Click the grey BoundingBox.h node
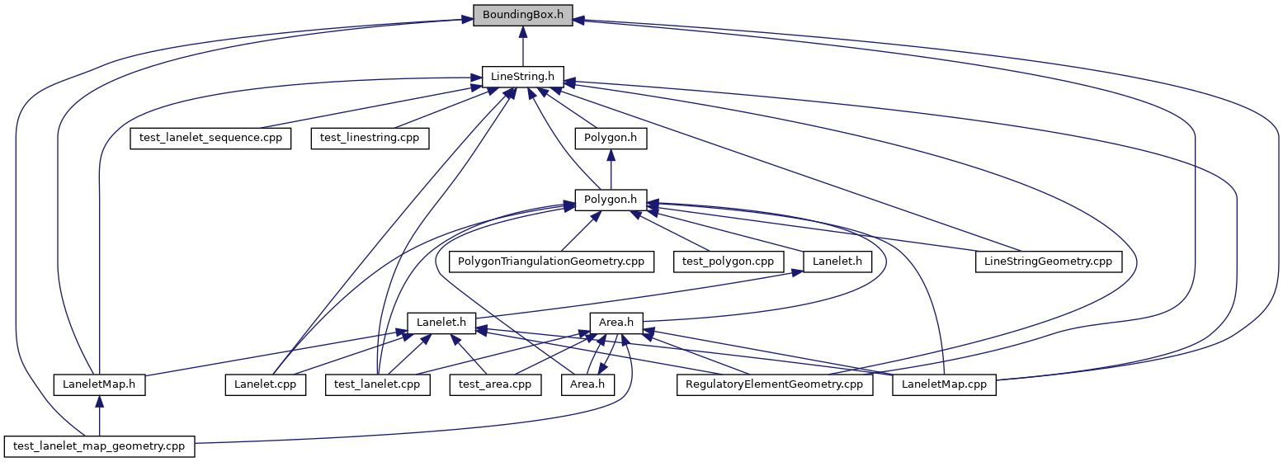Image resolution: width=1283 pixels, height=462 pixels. pos(522,15)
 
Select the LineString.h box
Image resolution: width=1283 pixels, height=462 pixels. pos(522,77)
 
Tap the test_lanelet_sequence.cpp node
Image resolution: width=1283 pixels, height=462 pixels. pos(210,139)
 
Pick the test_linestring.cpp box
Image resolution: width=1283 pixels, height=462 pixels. pos(370,139)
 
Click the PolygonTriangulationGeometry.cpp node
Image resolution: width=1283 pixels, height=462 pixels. pos(551,262)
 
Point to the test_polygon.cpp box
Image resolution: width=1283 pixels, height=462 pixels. pos(728,262)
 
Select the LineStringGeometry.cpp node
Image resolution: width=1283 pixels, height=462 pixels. pos(1048,262)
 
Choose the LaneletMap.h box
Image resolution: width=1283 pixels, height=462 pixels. pos(99,384)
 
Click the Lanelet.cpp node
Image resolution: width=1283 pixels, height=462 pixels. pos(265,384)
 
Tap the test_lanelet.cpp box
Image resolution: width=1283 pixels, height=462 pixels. pos(377,384)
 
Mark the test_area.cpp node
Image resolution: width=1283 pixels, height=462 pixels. pos(495,384)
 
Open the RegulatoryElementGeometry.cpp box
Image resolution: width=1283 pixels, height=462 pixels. pos(775,384)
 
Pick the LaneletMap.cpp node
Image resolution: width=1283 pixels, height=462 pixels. pos(944,384)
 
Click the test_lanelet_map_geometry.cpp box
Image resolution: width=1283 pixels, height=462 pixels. pos(99,446)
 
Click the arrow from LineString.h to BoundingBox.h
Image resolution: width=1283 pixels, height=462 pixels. pos(522,46)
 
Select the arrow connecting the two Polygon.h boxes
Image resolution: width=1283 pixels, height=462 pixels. pos(611,169)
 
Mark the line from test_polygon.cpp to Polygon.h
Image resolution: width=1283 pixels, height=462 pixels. pos(670,231)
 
